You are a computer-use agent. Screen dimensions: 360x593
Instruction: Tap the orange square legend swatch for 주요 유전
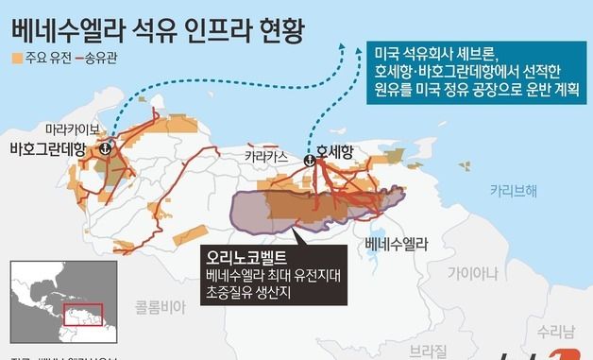coord(17,59)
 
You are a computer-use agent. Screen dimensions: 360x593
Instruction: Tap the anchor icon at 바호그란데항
coord(106,148)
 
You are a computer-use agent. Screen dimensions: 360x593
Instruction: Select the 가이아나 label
coord(472,274)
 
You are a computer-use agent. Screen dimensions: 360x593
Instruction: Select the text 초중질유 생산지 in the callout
coord(246,294)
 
